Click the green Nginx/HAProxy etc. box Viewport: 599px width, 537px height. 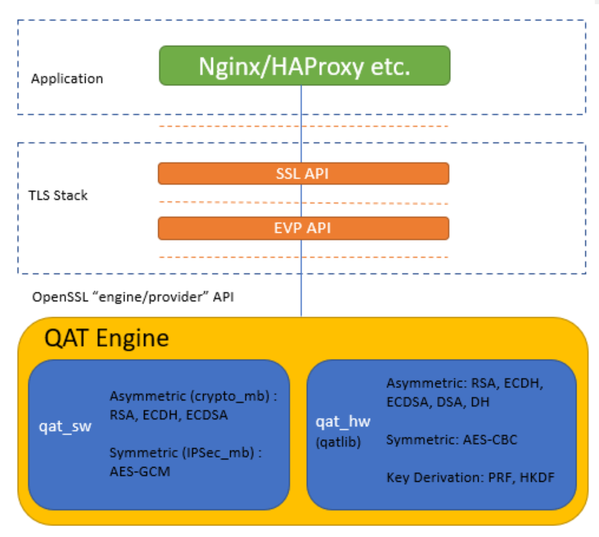click(305, 66)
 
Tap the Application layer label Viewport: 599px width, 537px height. click(67, 79)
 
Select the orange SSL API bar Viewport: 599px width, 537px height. click(304, 174)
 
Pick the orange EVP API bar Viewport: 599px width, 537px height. click(304, 228)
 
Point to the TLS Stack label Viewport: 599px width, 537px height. click(58, 195)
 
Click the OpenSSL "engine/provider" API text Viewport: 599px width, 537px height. click(133, 297)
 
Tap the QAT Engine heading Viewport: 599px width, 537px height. click(106, 338)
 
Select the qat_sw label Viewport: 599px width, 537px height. click(65, 426)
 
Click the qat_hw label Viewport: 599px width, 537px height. click(343, 422)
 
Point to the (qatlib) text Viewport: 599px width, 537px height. click(338, 442)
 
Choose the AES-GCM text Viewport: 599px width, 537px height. click(140, 472)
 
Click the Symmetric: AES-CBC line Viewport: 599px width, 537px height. click(451, 440)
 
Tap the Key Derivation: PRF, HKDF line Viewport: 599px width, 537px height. click(470, 478)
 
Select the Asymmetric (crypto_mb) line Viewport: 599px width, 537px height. click(193, 396)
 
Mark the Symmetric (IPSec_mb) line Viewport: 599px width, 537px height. click(186, 453)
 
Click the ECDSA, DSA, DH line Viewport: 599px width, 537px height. click(438, 402)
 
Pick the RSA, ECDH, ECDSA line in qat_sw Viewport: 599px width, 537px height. click(169, 415)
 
